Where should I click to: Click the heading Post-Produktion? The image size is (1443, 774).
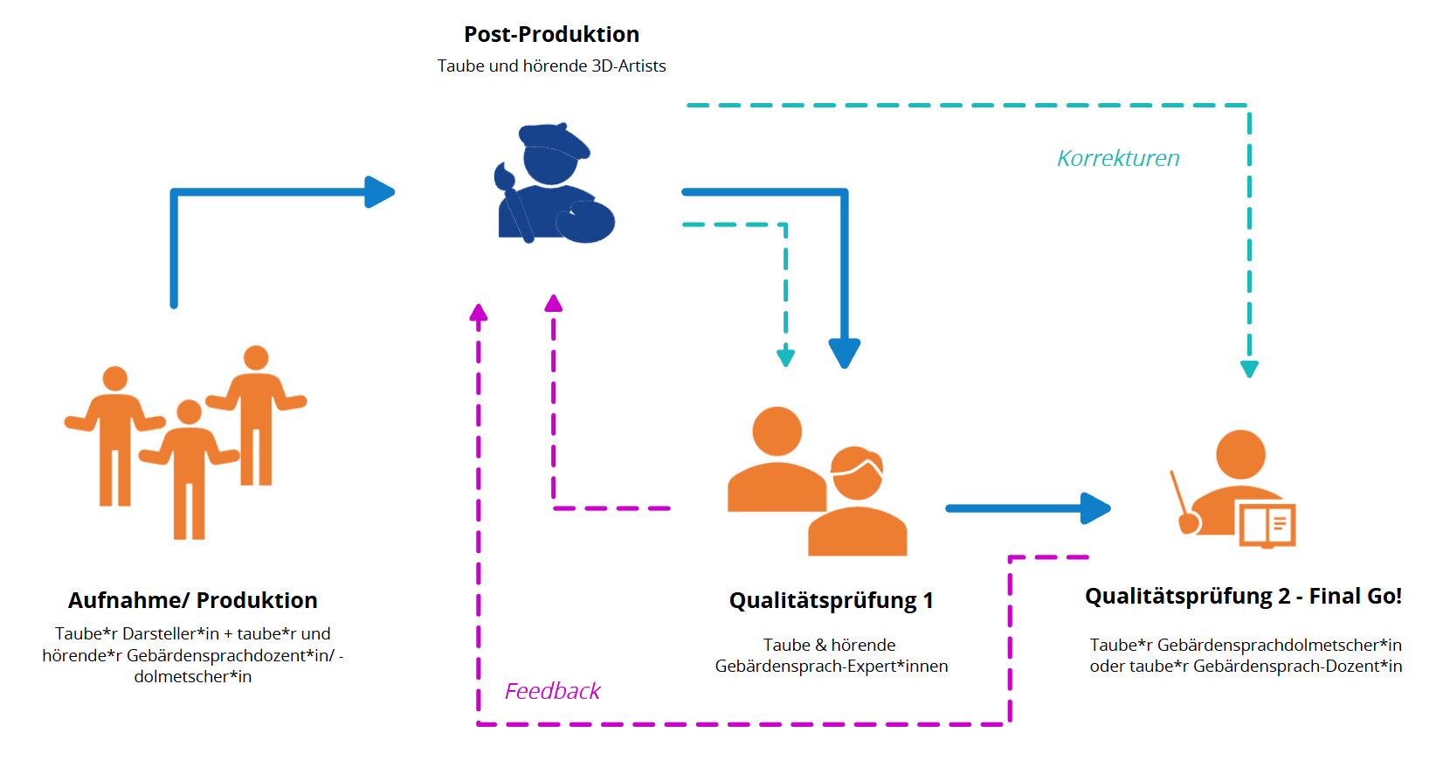point(551,35)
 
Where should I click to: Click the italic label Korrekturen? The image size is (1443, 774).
point(1118,158)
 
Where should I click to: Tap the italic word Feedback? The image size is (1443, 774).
point(552,691)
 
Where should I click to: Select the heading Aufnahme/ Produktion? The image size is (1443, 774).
point(192,600)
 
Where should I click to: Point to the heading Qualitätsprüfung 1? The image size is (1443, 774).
point(831,600)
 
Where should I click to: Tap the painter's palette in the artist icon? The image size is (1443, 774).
point(586,222)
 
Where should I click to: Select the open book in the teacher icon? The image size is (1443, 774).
point(1266,524)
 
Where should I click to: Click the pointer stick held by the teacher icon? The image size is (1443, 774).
point(1181,498)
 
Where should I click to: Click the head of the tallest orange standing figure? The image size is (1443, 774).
point(256,358)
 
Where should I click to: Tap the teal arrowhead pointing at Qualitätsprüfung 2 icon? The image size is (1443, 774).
point(1249,369)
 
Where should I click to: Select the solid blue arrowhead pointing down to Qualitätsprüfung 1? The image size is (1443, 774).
point(844,353)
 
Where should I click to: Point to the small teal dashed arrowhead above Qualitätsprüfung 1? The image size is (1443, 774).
point(785,356)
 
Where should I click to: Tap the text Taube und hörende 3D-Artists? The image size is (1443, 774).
point(551,66)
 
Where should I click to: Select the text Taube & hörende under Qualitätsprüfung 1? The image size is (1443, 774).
point(829,645)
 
